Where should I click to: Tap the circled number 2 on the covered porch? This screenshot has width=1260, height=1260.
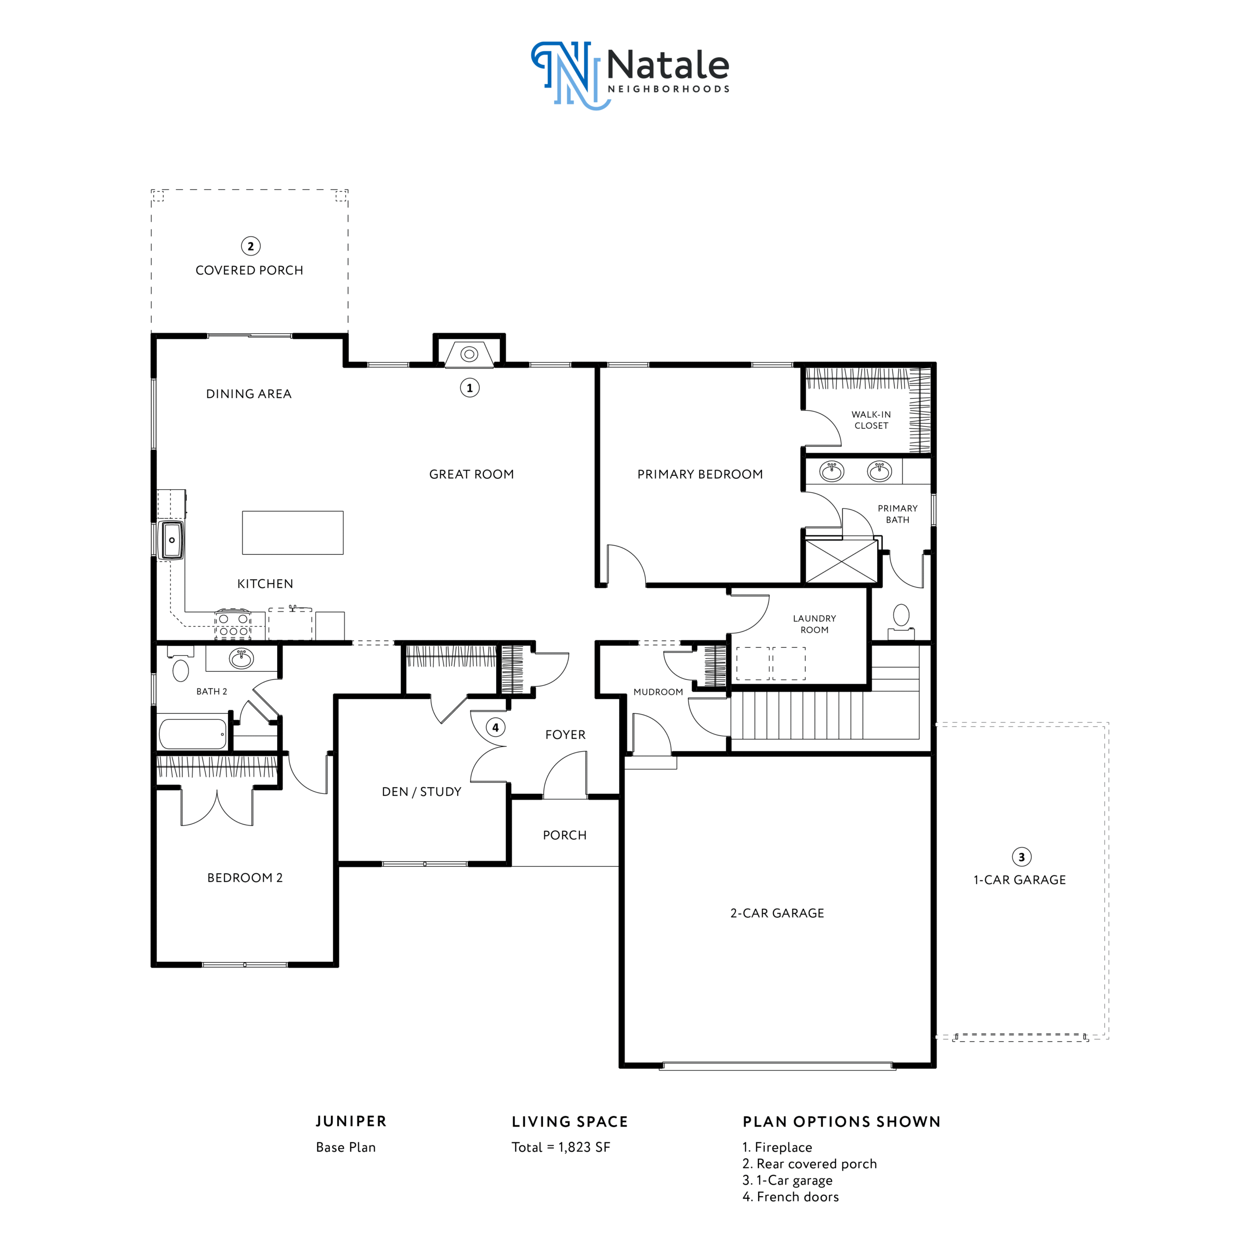[x=251, y=246]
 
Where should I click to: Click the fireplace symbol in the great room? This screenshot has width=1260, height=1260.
[x=470, y=354]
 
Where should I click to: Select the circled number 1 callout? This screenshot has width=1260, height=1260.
[x=470, y=388]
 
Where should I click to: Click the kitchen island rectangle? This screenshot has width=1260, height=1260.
[x=293, y=533]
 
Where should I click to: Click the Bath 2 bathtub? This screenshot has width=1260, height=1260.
[x=192, y=734]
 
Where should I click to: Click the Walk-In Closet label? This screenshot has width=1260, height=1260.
[x=871, y=420]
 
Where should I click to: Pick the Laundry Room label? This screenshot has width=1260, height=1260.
[x=815, y=624]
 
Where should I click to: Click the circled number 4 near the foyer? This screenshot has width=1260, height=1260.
[x=496, y=727]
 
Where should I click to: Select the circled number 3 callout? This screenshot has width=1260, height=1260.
[x=1021, y=857]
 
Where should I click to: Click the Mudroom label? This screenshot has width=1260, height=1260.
[x=658, y=692]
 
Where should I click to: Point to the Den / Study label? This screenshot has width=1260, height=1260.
[x=421, y=792]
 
